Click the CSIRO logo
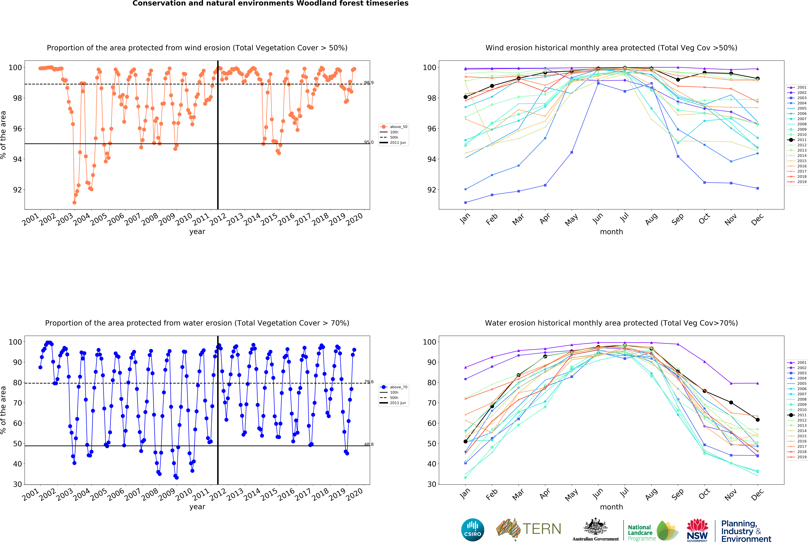[472, 530]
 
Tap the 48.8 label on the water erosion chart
[369, 444]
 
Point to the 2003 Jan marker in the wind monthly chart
[466, 202]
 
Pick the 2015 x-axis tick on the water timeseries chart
[269, 494]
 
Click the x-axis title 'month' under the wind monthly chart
[611, 232]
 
